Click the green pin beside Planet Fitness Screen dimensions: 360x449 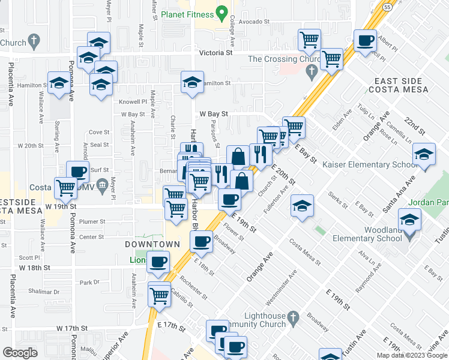tap(221, 12)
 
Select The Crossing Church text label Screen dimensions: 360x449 tap(279, 59)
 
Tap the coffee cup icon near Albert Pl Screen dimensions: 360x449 tap(366, 42)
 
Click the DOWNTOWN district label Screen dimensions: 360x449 tap(152, 244)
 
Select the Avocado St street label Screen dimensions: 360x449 tap(252, 20)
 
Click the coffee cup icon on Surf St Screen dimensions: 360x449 tap(78, 172)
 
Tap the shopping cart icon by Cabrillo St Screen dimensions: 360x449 tap(159, 295)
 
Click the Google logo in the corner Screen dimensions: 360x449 tap(20, 353)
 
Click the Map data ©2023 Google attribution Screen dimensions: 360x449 tap(412, 355)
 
